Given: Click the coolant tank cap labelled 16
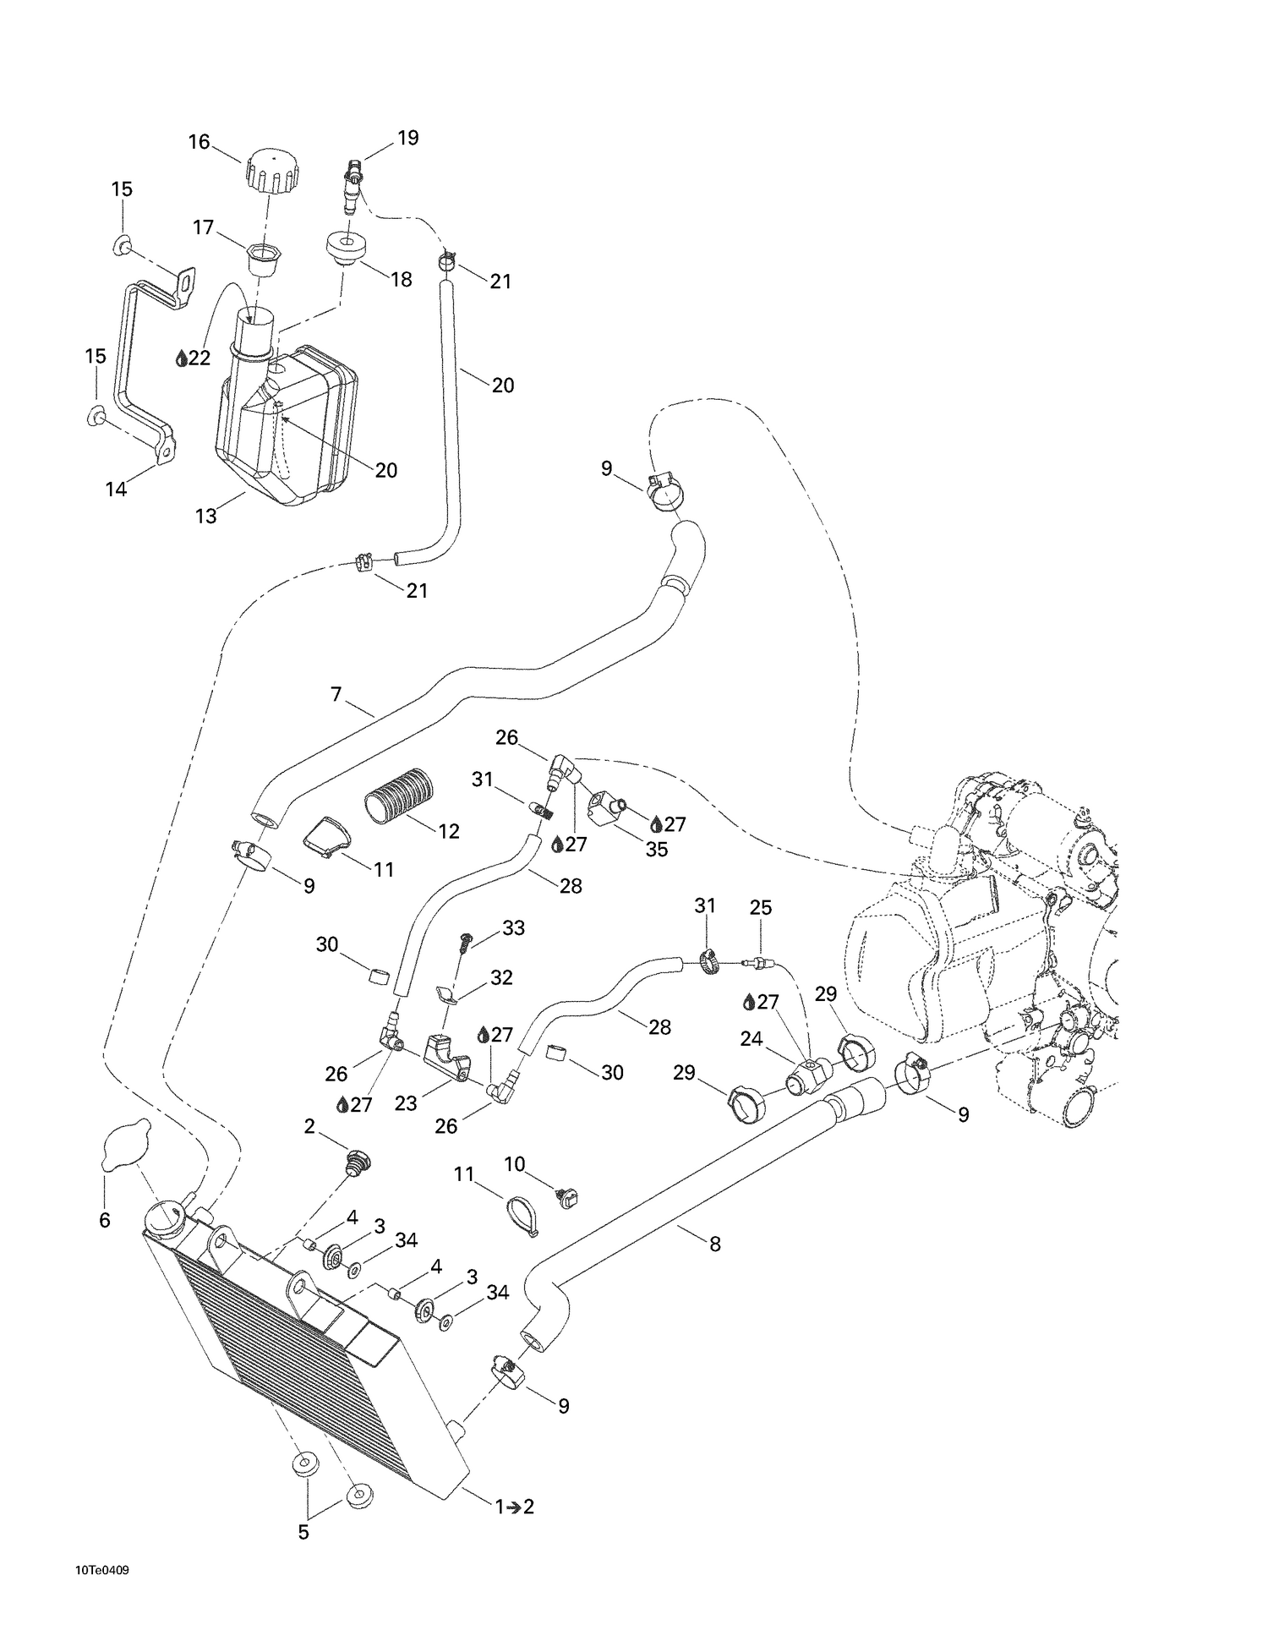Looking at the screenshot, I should click(272, 172).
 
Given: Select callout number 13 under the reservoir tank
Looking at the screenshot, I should click(206, 516).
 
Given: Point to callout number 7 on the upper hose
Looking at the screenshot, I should click(336, 695).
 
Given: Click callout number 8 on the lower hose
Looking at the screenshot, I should click(715, 1244).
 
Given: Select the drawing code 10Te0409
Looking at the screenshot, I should click(102, 1571).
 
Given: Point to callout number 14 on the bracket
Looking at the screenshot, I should click(116, 489).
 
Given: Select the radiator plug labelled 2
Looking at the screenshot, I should click(358, 1163).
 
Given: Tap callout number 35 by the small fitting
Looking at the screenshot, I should click(657, 849).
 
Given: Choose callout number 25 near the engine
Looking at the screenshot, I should click(761, 908).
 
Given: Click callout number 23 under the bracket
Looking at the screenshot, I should click(406, 1103).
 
